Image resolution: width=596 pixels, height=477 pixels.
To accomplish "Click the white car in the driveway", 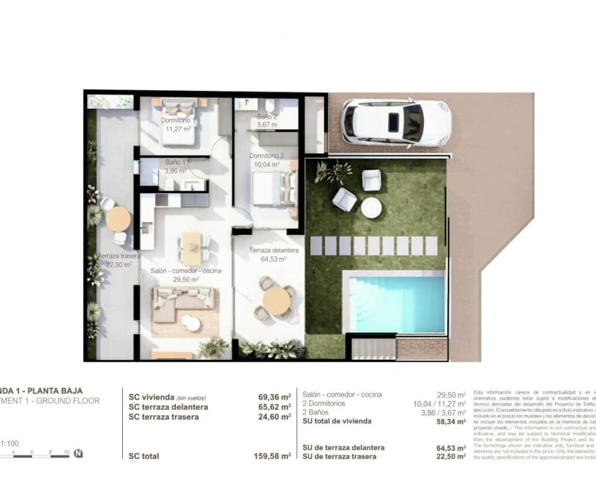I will (396, 121).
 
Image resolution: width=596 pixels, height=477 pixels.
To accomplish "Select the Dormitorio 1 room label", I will (179, 121).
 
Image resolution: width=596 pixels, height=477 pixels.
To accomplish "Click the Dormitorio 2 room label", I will (264, 156).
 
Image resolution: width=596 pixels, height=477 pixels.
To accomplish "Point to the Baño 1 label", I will (177, 162).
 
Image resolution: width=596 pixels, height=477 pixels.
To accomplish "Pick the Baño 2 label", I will (267, 117).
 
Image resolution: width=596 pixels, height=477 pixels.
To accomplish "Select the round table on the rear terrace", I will (118, 219).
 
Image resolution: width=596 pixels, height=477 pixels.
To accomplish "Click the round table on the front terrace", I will (276, 300).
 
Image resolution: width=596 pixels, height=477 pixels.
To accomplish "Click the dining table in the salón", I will (192, 243).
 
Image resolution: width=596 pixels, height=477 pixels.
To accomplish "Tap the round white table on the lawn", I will (371, 208).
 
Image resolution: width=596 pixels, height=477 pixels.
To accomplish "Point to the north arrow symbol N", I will (79, 454).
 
